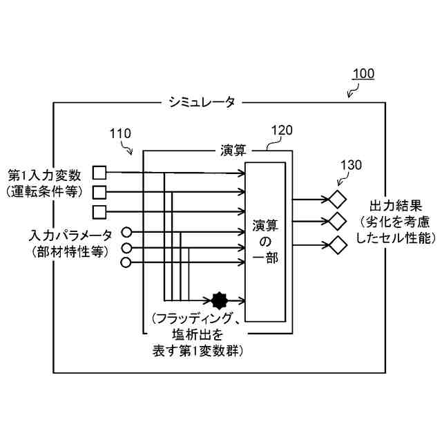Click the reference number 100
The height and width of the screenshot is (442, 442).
(364, 74)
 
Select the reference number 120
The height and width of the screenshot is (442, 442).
(282, 129)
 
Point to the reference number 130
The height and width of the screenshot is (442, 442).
(352, 166)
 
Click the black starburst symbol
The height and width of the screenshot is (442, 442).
(220, 300)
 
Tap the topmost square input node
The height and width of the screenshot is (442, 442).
(99, 173)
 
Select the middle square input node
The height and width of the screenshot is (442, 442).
(99, 191)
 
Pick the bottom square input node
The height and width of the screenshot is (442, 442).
(99, 210)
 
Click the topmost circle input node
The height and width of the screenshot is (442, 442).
(126, 232)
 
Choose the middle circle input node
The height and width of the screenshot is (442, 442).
(126, 248)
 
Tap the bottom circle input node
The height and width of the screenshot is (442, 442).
(126, 262)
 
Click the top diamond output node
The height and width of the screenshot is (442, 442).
(338, 200)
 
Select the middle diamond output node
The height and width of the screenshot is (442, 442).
(338, 222)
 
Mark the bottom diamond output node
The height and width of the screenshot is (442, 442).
(338, 244)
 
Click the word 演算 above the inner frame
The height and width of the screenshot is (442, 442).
(233, 150)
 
